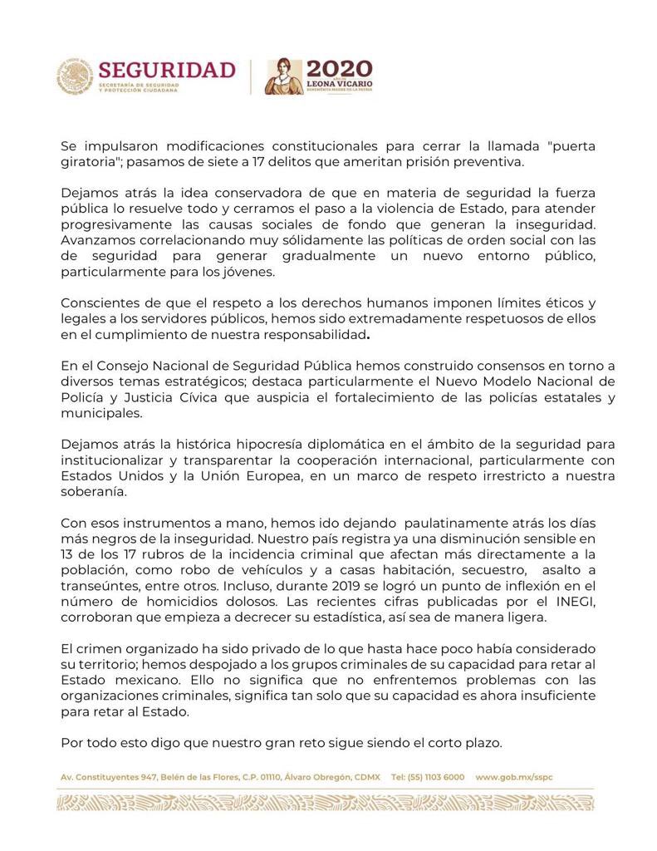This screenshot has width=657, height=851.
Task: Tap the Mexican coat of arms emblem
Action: (75, 76)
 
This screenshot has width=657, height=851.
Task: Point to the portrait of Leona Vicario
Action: (284, 76)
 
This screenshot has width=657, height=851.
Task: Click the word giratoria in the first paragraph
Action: (91, 161)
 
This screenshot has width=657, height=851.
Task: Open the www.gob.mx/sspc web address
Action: (514, 776)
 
